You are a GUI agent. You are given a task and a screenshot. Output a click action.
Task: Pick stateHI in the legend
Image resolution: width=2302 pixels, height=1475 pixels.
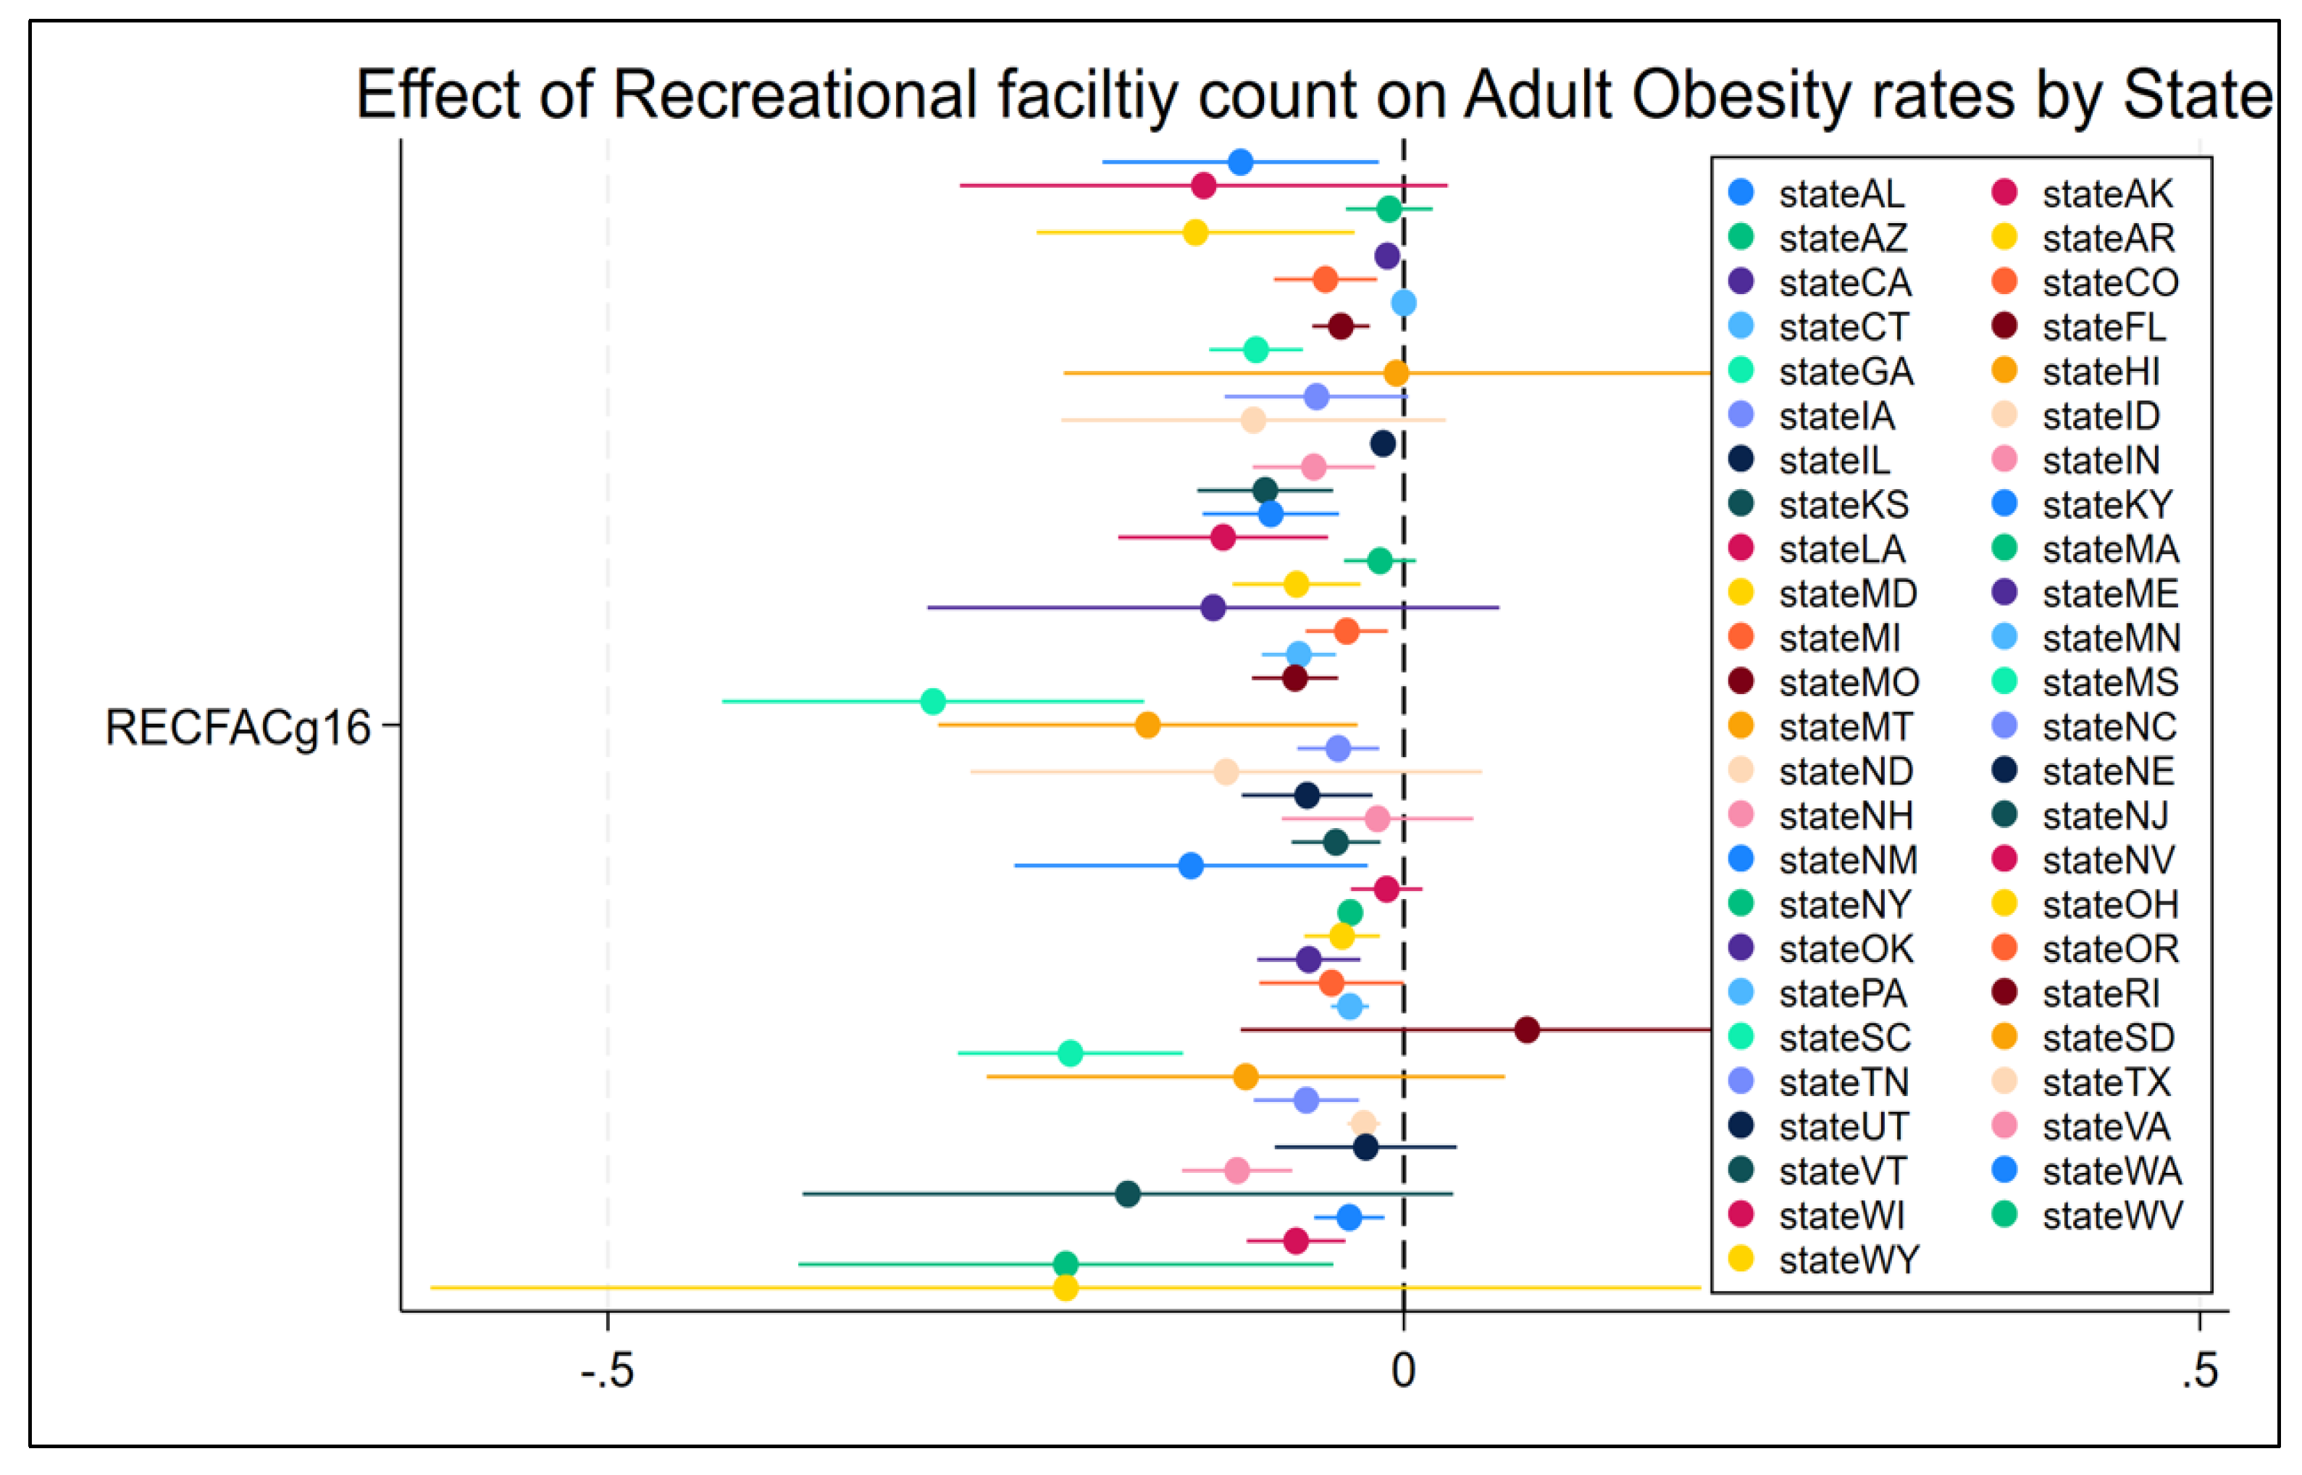click(x=2100, y=372)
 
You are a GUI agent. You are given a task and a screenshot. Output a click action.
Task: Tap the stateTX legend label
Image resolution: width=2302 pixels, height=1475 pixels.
click(x=2106, y=1082)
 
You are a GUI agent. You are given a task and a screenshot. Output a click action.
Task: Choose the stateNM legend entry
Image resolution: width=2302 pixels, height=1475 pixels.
click(x=1847, y=860)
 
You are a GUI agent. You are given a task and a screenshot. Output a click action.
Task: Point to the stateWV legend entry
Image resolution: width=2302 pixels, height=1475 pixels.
click(x=2111, y=1216)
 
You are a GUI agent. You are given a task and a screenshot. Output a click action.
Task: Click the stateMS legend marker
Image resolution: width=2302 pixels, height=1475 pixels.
click(x=2004, y=682)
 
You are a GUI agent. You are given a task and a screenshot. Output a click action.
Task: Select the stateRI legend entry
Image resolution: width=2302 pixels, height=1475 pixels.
click(x=2100, y=993)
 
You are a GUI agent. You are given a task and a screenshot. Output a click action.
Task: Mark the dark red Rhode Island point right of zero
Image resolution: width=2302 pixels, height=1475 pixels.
click(x=1528, y=1029)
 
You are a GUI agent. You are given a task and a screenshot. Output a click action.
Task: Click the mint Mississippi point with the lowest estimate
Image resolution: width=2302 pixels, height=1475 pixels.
click(x=933, y=701)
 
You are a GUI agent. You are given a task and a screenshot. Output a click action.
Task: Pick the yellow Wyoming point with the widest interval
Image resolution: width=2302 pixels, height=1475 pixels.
click(x=1065, y=1287)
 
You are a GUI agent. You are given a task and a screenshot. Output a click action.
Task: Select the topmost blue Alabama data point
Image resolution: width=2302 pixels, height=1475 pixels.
click(x=1240, y=162)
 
